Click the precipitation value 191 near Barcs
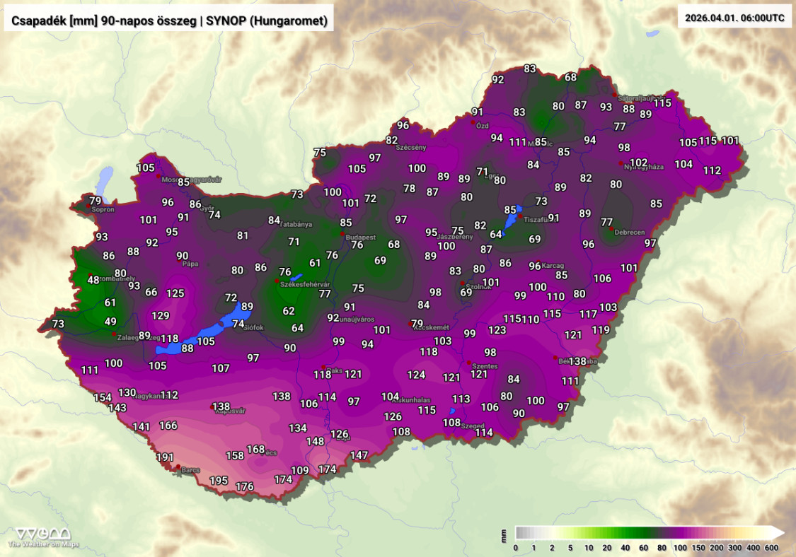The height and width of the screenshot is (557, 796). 165,457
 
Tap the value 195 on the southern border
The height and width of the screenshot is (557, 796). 219,481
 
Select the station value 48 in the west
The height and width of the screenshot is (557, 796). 93,280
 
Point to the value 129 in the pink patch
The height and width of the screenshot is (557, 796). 161,316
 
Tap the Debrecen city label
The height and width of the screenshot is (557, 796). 629,232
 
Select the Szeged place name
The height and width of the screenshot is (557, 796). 473,426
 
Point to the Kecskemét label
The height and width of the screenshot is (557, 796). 431,327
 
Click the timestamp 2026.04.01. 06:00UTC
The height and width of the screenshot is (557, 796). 735,18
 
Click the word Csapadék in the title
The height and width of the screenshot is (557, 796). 38,21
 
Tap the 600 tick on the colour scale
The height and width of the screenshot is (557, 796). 771,548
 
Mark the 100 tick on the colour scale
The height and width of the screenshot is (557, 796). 679,548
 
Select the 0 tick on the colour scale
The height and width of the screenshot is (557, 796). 516,548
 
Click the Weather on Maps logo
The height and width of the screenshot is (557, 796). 43,537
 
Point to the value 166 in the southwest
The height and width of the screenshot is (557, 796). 168,426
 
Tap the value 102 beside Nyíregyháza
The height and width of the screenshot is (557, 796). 639,163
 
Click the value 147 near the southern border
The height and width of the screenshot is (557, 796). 359,455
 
